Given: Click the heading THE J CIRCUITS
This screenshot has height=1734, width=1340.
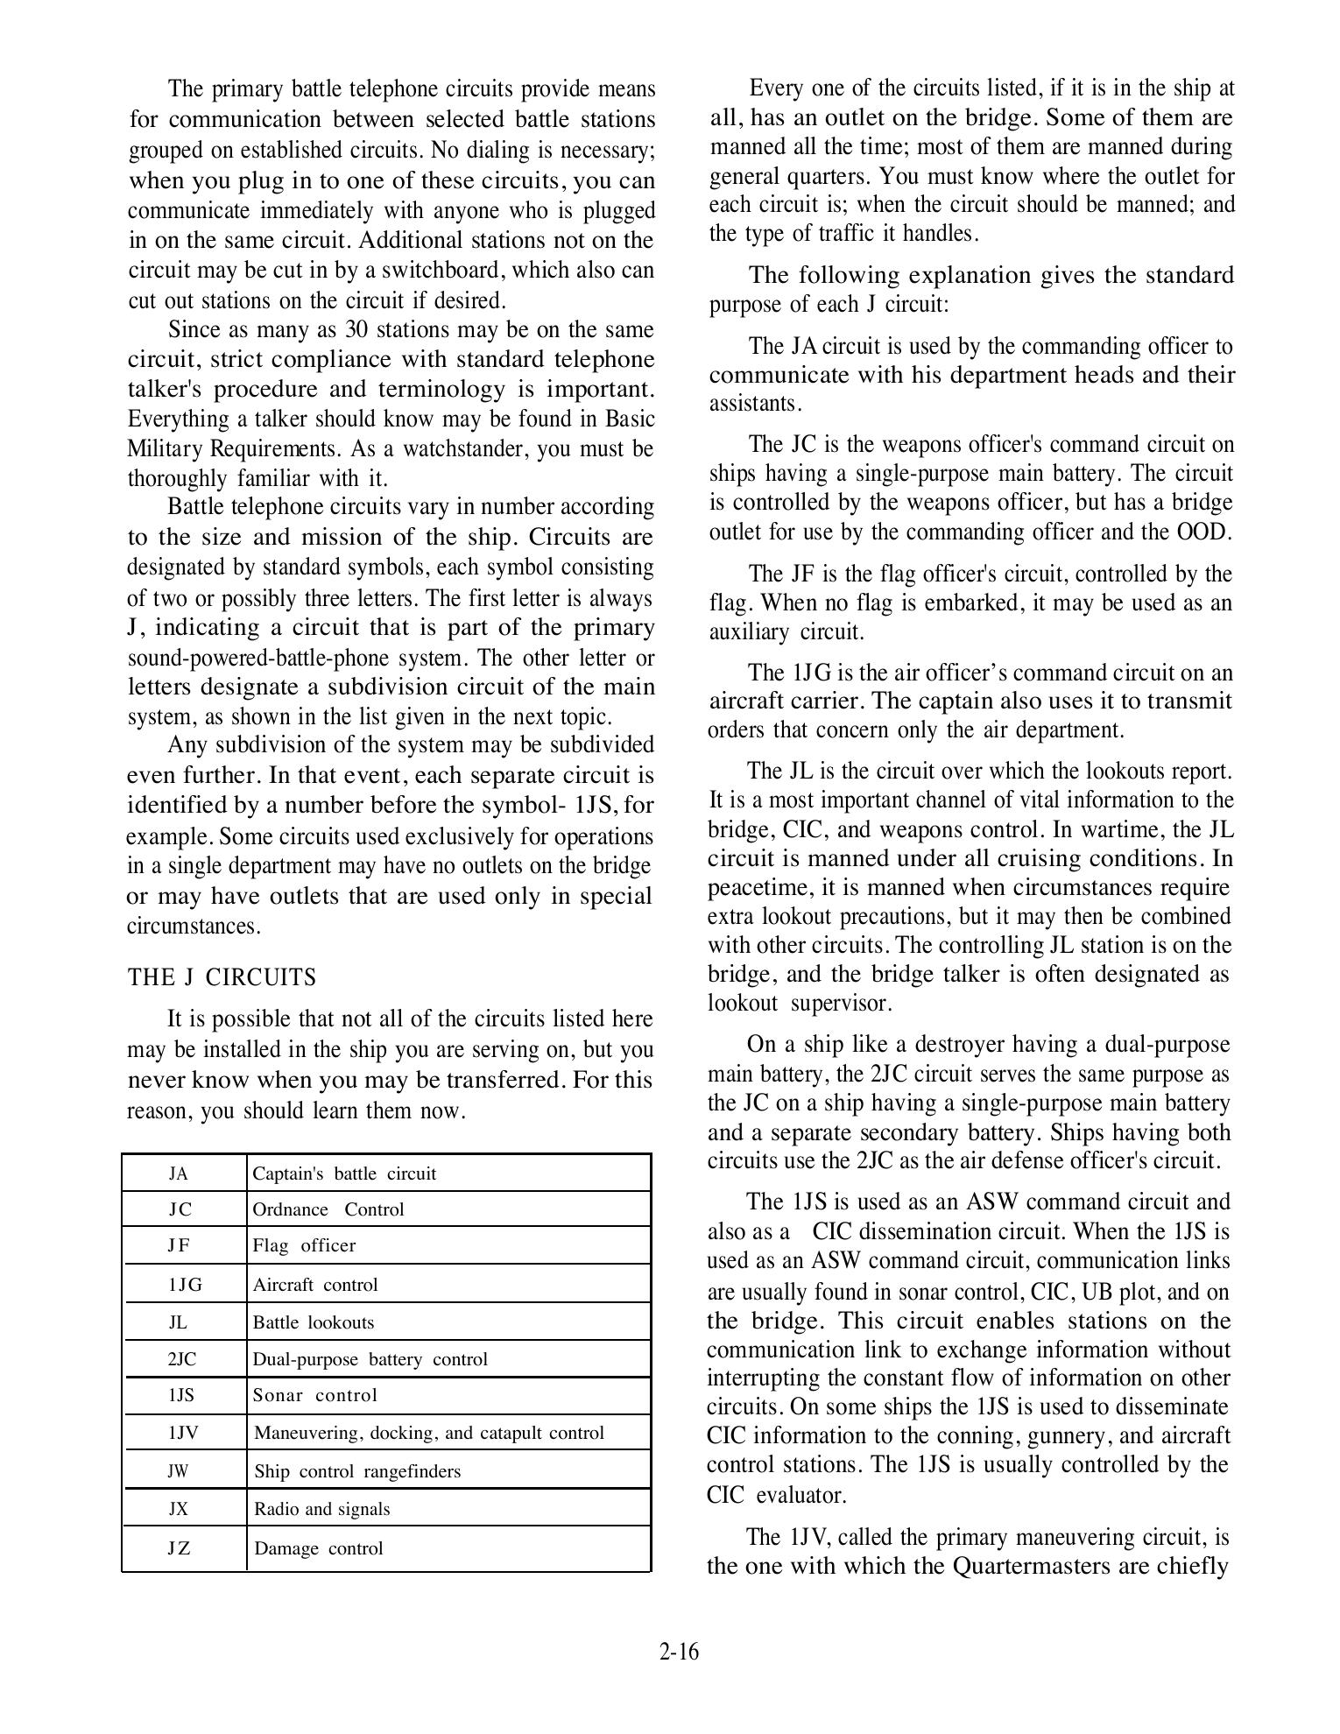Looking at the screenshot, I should tap(222, 977).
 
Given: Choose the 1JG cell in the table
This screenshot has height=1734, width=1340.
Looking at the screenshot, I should tap(184, 1285).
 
